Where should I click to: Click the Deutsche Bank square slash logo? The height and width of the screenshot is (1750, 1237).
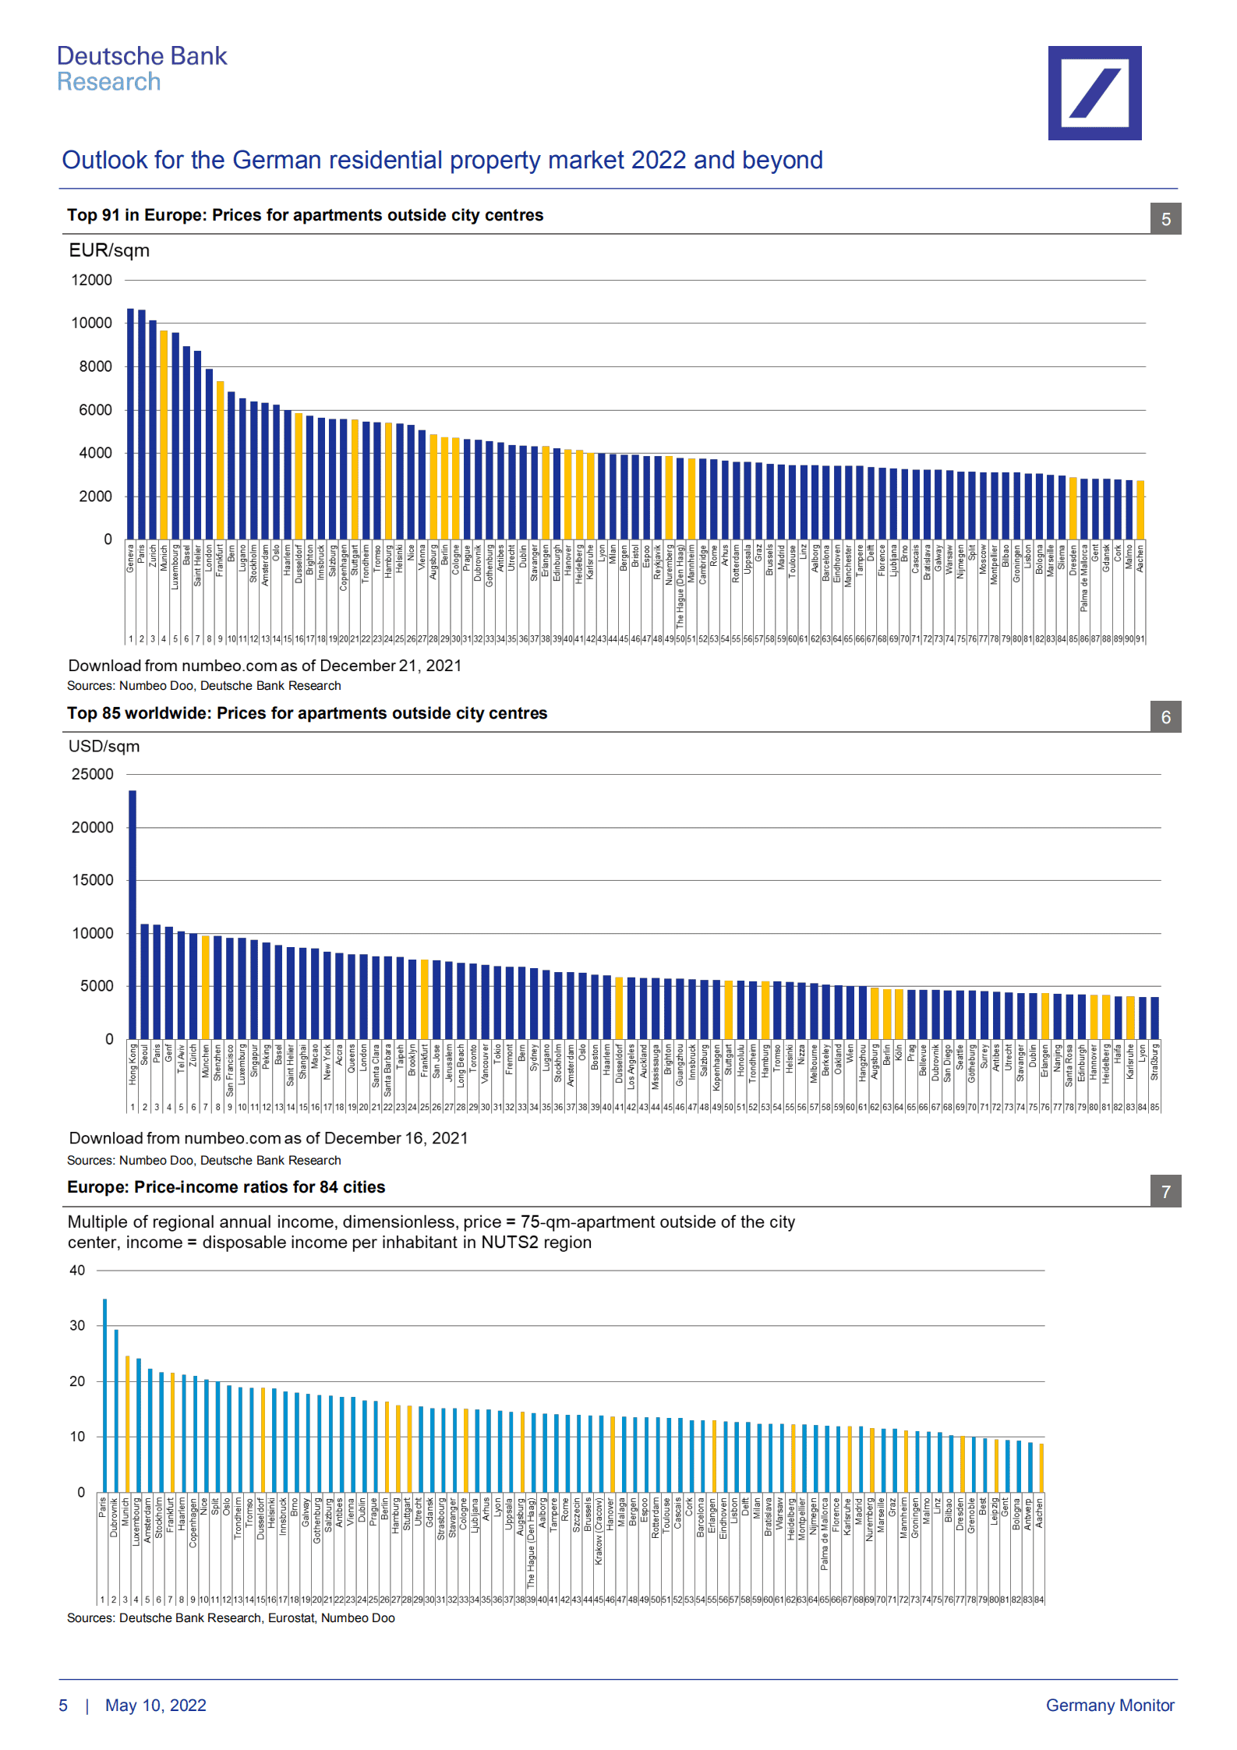(1094, 93)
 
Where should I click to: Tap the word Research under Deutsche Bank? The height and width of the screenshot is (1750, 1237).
(108, 82)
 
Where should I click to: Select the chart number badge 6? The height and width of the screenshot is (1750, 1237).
(1165, 717)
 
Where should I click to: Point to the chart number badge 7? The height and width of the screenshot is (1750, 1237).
(1165, 1192)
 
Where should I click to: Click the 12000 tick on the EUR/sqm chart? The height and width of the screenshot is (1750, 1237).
(92, 280)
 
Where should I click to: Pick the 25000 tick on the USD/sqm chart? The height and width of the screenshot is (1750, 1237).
(92, 774)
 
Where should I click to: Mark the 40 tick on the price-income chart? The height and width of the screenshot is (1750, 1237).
(77, 1270)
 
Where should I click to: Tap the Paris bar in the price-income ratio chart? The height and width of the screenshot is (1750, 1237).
(104, 1395)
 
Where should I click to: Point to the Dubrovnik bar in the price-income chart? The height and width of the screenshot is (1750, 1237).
(116, 1411)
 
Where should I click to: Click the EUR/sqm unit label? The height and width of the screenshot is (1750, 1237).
(109, 250)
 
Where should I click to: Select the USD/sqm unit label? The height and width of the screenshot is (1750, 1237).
(104, 746)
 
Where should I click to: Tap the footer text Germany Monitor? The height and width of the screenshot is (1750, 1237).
(1109, 1705)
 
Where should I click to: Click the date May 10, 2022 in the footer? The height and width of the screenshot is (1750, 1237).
(155, 1705)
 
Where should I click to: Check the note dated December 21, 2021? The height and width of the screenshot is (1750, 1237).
(264, 666)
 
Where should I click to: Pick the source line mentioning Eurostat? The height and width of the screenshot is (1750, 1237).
(231, 1617)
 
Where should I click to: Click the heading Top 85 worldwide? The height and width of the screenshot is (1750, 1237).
(306, 713)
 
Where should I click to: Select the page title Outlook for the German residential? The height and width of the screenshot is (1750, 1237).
(442, 160)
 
